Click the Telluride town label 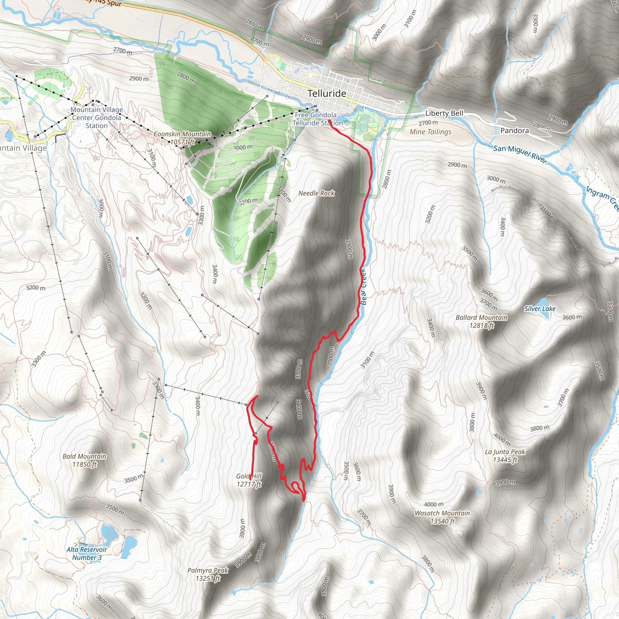327,94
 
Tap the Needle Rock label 316,193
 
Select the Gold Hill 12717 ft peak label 249,480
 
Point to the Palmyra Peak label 208,574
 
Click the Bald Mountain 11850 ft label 85,460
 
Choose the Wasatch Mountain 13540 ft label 442,517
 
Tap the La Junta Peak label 505,456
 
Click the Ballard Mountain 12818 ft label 481,321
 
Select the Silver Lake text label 540,309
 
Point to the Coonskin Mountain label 182,138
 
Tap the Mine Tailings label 430,132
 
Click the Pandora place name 514,130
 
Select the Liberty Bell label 444,113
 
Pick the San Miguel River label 520,154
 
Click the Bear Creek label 363,287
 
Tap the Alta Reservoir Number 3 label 87,553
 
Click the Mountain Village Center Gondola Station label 96,118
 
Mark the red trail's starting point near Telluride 330,121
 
